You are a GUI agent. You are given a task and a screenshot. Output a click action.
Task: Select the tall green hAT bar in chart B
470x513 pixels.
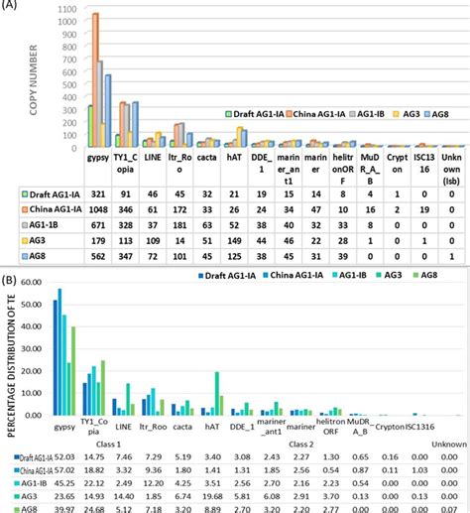click(217, 393)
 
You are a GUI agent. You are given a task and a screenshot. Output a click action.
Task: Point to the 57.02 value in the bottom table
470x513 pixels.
click(65, 468)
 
